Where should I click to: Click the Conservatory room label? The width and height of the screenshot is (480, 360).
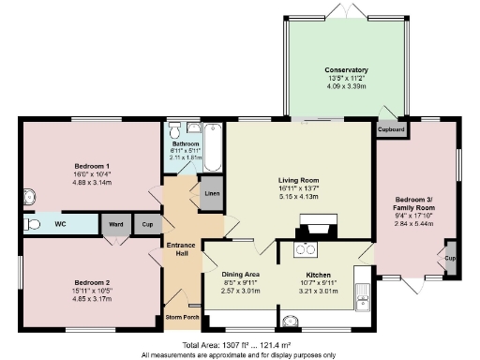[x=346, y=70]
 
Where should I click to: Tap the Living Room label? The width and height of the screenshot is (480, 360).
[x=299, y=180]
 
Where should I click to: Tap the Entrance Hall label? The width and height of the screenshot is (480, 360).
[x=180, y=249]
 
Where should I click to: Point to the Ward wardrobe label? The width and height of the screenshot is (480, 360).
[x=116, y=225]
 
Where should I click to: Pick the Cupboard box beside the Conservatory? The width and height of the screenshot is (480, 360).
[x=391, y=129]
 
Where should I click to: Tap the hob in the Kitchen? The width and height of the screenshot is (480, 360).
[x=306, y=249]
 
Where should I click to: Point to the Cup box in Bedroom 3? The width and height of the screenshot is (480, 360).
[x=450, y=259]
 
